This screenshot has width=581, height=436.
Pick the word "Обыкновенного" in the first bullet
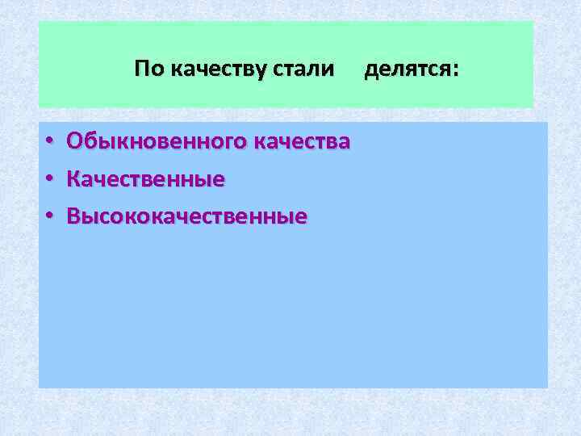click(157, 141)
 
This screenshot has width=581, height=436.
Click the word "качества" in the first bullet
click(302, 142)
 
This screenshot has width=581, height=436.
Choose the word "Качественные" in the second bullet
click(145, 178)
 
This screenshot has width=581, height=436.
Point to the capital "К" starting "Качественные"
click(73, 178)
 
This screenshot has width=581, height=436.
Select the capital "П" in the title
click(141, 69)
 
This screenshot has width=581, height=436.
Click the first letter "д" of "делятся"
click(371, 70)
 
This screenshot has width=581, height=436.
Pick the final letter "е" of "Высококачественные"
click(301, 217)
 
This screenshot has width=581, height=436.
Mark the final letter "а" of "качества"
click(345, 143)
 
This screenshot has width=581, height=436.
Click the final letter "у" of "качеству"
click(263, 70)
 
